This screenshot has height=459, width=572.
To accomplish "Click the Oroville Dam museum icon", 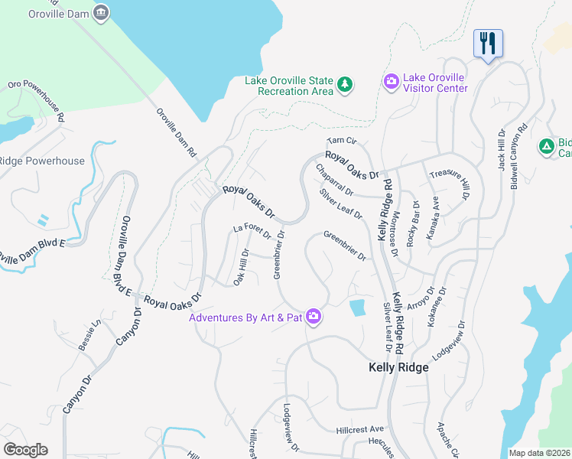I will [x=101, y=13].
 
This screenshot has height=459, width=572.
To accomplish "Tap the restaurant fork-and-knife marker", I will [x=487, y=43].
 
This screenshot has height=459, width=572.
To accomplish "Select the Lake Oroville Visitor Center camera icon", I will [x=391, y=81].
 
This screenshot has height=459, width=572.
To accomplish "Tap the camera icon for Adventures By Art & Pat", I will [x=314, y=316].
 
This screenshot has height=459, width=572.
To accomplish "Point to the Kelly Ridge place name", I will [x=398, y=367].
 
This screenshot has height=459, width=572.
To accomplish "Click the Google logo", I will [x=25, y=450].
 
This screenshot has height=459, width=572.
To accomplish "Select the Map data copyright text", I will [x=539, y=453].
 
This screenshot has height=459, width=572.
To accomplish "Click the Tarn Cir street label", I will [x=342, y=141].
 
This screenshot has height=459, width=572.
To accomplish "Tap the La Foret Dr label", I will [x=252, y=229].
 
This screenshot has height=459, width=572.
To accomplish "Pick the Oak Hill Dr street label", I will [x=242, y=264].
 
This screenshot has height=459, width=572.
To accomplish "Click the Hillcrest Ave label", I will [x=359, y=430].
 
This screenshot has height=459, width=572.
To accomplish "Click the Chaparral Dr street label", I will [x=333, y=180].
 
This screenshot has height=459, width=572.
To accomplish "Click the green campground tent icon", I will [x=546, y=146].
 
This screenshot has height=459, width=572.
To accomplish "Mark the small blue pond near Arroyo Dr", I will [x=357, y=308].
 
